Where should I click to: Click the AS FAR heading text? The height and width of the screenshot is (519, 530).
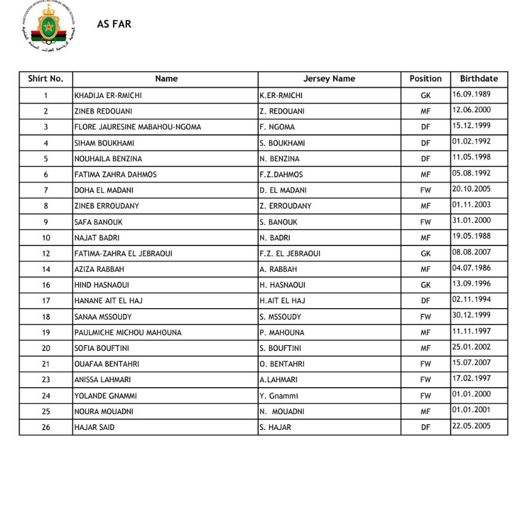point(114,25)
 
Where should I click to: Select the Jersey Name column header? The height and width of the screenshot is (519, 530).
point(329,79)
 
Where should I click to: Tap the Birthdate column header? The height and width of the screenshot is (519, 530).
point(478,79)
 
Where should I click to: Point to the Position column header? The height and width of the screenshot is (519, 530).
point(425,79)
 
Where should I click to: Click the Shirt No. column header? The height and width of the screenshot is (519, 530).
point(45,79)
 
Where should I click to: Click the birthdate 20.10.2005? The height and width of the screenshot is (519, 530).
point(471,190)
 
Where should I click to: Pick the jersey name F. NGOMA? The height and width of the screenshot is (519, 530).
point(277,127)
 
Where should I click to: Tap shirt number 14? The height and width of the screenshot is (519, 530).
point(46,269)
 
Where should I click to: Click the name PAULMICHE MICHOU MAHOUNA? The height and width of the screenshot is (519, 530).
point(128,333)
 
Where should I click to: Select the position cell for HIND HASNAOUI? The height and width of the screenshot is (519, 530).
point(425,285)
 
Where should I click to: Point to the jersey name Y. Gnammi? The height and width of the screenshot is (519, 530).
point(278,396)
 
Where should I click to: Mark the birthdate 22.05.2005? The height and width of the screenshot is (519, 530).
point(471,426)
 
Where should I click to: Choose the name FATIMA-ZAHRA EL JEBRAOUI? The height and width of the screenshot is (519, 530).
point(125,253)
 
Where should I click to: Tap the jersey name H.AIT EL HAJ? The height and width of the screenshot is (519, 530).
point(282,301)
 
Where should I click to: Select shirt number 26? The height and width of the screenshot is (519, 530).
point(46,428)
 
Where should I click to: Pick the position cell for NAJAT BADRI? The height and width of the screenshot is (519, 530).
point(425,237)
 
